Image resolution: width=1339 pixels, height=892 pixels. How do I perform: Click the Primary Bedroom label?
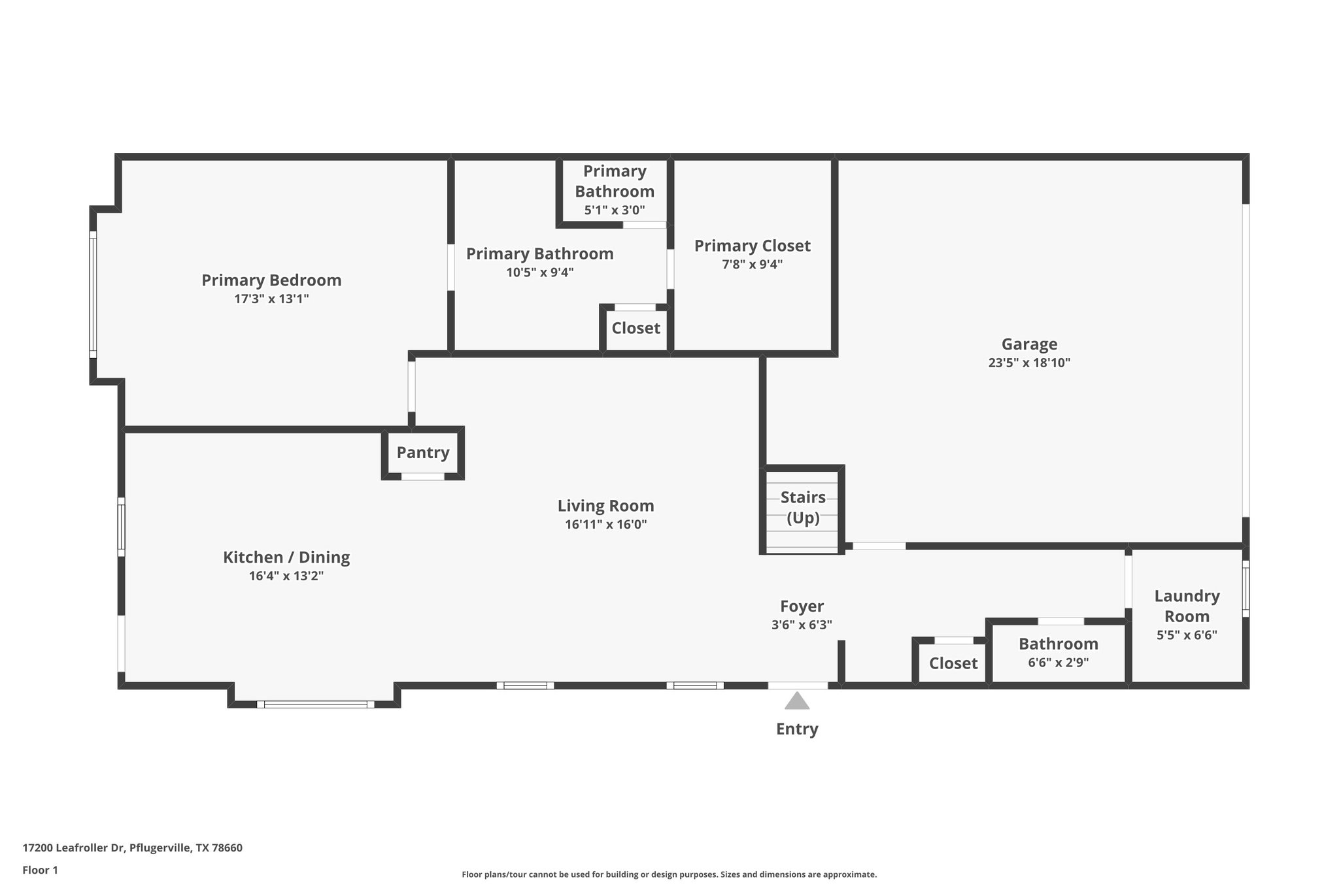(x=271, y=280)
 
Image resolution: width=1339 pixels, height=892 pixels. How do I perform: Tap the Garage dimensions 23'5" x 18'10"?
(x=1028, y=363)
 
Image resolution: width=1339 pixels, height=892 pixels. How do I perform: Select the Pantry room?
(x=423, y=453)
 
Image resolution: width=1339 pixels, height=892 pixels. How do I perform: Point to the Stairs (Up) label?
(x=803, y=508)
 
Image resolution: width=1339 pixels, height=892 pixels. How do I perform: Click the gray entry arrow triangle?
(x=797, y=702)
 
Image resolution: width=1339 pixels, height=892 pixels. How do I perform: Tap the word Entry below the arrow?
(x=797, y=729)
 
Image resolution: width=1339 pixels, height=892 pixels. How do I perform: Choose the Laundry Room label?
(x=1187, y=606)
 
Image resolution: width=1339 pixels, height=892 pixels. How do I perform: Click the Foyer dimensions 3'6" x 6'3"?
(x=802, y=625)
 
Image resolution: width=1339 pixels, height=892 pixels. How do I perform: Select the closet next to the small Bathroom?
(x=953, y=664)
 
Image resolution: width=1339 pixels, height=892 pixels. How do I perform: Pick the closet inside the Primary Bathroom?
(x=636, y=328)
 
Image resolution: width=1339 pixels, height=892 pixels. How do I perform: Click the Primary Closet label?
(x=752, y=246)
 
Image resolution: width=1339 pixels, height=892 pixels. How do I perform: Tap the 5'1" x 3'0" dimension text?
(x=615, y=211)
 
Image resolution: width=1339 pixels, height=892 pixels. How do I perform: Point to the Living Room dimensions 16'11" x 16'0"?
(x=605, y=525)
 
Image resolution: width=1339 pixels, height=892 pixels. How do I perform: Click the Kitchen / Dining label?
(x=286, y=557)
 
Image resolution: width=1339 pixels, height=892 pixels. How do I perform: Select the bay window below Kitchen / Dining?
(x=315, y=704)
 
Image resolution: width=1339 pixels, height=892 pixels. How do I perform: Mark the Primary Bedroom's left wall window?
(x=93, y=294)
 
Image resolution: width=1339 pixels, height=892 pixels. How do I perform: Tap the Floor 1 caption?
(x=41, y=870)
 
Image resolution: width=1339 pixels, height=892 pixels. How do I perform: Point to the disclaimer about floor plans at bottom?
(x=669, y=874)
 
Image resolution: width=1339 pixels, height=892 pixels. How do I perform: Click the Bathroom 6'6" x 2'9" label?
(x=1058, y=644)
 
